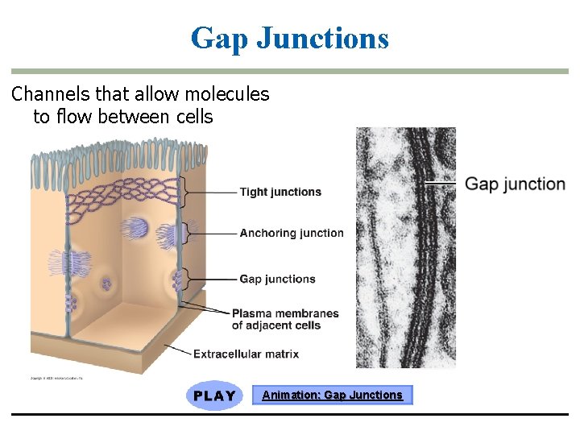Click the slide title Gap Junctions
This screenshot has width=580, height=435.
[290, 38]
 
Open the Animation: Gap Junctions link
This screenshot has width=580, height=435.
[332, 395]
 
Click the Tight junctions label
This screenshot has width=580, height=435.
[280, 192]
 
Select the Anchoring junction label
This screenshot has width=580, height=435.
[291, 233]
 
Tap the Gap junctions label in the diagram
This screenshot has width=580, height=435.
[277, 279]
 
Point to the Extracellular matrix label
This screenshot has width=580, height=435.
[246, 354]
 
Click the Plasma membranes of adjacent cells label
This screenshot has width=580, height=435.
[285, 319]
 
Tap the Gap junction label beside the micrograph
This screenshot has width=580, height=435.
[516, 184]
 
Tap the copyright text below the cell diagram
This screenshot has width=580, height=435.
[56, 377]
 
